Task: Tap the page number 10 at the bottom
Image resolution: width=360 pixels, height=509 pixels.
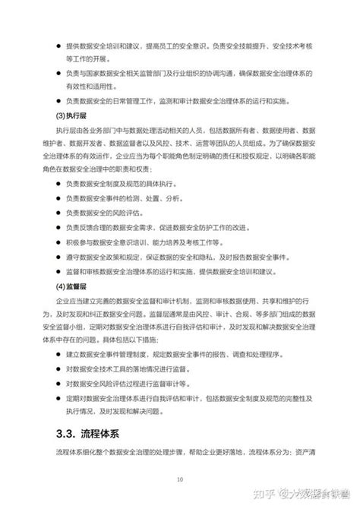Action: tap(180, 479)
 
